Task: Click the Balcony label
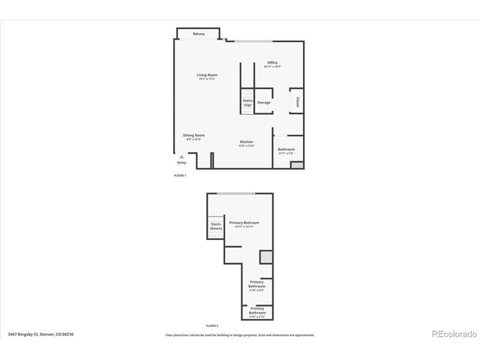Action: tap(199, 34)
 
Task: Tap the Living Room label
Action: tap(207, 76)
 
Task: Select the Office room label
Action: tap(272, 63)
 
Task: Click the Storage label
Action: tap(264, 103)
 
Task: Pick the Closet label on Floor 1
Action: tap(297, 102)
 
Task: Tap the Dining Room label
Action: tap(194, 136)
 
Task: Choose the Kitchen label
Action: tap(247, 142)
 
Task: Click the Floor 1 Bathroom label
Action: tap(286, 150)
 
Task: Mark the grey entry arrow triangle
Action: tap(181, 157)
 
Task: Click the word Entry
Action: tap(181, 163)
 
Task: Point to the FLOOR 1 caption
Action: tap(180, 175)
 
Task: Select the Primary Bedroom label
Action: tap(244, 223)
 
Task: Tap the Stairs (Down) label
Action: tap(216, 226)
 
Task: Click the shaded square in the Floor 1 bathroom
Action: tap(297, 163)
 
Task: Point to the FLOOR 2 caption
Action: tap(212, 325)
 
